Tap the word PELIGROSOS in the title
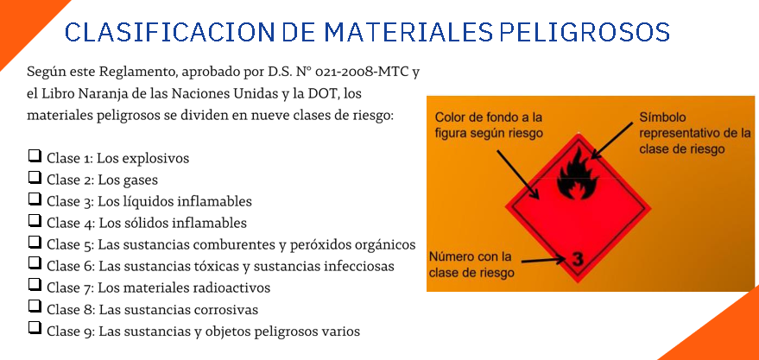585,32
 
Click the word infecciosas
355,267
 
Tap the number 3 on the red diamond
578,259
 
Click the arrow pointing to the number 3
543,260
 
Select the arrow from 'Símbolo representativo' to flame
612,141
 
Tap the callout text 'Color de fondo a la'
489,117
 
